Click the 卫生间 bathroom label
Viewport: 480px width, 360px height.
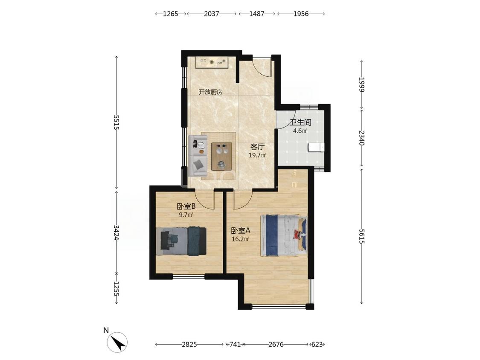pos(301,123)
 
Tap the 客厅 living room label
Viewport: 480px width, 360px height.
pos(257,147)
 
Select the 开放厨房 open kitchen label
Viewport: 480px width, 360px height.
pos(211,92)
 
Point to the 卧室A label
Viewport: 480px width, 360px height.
pos(241,230)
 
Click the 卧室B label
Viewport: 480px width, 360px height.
pos(186,206)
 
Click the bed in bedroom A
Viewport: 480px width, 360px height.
pos(283,235)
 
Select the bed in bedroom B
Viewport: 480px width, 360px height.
pos(181,241)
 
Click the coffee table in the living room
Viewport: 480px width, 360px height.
pos(221,157)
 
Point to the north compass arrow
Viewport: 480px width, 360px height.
pos(118,342)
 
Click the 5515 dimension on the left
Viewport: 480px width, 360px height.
pos(116,122)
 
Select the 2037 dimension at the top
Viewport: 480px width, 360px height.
pos(212,14)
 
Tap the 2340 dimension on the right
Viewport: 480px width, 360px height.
pos(362,138)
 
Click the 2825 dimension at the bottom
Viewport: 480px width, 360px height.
pos(189,344)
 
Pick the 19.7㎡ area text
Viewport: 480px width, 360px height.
pos(257,155)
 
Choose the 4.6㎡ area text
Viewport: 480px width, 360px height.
pos(300,131)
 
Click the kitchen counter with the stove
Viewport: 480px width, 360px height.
pos(212,62)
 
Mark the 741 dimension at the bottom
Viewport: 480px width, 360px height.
pos(235,344)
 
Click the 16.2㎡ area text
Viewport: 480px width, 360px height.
pos(241,239)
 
